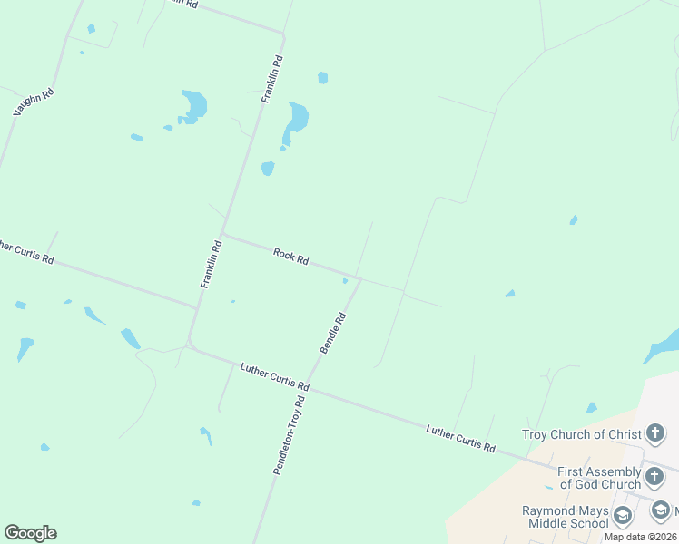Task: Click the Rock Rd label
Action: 291,257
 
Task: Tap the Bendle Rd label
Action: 333,333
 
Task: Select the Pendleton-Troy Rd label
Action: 289,434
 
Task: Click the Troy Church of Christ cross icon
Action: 655,434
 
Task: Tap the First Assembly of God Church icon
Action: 655,477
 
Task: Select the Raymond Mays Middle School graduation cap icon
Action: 623,517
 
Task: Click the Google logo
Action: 30,533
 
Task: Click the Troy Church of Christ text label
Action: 582,434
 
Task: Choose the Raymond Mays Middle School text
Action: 565,517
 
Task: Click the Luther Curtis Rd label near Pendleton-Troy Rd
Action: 275,377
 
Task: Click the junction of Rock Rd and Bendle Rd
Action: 360,279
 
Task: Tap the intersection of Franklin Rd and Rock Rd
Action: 223,234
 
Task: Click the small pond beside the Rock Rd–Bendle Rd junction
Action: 345,281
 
